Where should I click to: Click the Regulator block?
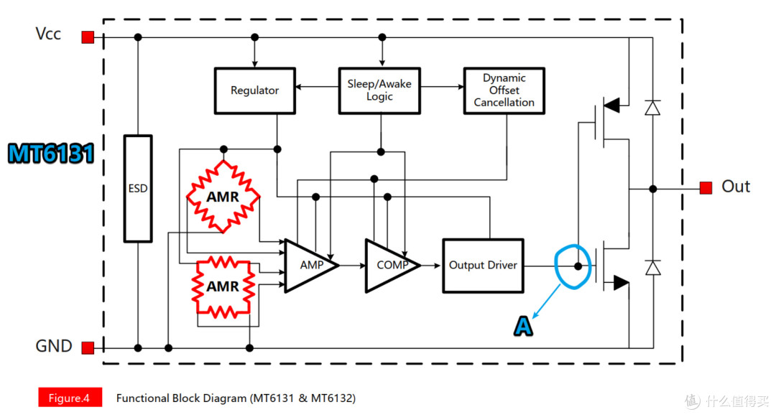[254, 90]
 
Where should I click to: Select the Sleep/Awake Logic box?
[379, 90]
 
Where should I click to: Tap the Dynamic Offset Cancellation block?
[504, 90]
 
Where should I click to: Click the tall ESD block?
[137, 189]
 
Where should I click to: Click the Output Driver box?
[483, 266]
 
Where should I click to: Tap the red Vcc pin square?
[88, 37]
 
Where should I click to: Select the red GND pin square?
[88, 348]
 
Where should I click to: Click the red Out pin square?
[706, 188]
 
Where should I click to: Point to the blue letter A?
[523, 327]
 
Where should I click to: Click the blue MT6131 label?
[51, 154]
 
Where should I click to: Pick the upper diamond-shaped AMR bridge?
[223, 196]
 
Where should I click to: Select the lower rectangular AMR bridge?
[223, 286]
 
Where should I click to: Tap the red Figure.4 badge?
[69, 398]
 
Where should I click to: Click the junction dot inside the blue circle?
[578, 266]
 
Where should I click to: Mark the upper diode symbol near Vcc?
[652, 108]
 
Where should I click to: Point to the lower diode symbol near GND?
[652, 268]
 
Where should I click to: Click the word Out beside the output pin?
[736, 187]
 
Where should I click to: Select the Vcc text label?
[48, 34]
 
